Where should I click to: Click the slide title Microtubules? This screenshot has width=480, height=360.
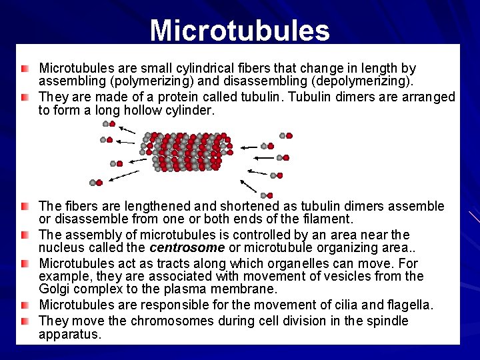(239, 30)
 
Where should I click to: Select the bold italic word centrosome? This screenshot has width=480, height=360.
(187, 248)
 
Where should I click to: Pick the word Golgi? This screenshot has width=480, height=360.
(55, 289)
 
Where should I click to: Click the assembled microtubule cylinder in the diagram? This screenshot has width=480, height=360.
(186, 151)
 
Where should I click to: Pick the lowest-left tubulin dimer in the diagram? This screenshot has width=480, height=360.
(96, 182)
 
